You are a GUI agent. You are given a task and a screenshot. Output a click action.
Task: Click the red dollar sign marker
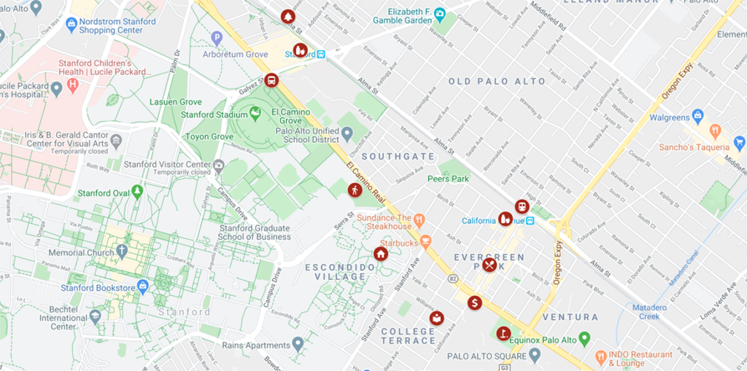click(475, 302)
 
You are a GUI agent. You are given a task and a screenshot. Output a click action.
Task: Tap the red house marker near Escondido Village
click(380, 254)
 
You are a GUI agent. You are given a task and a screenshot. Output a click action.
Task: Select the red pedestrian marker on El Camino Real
click(355, 190)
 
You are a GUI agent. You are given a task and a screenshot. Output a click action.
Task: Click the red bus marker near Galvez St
click(271, 80)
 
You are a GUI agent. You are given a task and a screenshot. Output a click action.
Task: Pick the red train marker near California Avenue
click(522, 206)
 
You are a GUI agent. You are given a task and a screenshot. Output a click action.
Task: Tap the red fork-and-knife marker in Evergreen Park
click(489, 265)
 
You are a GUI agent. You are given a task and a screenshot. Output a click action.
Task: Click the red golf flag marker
click(502, 333)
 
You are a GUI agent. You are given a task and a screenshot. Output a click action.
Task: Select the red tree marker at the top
click(288, 16)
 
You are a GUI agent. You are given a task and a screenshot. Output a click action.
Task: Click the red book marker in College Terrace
click(436, 318)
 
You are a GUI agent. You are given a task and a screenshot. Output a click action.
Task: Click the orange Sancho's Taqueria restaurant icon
click(715, 132)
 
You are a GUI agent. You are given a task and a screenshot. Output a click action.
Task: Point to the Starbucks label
click(398, 242)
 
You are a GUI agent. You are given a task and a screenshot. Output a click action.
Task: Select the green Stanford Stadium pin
click(255, 113)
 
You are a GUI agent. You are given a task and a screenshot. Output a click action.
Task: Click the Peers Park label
click(448, 179)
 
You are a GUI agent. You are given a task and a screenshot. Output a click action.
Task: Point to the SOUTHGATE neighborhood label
click(398, 157)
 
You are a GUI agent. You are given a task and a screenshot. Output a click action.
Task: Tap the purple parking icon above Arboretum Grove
click(216, 38)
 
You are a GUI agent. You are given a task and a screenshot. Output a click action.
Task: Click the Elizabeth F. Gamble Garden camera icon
click(439, 13)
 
